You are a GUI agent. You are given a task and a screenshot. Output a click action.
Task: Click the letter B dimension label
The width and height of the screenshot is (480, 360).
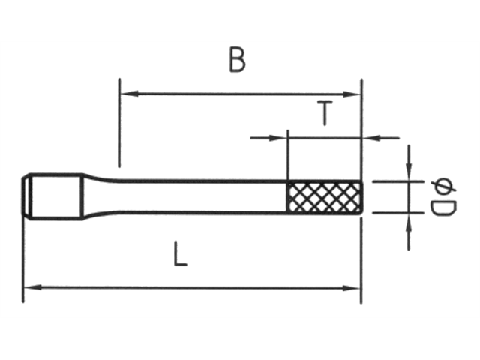pyautogui.click(x=237, y=61)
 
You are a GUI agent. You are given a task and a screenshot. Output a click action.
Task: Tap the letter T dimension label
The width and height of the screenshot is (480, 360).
pyautogui.click(x=324, y=113)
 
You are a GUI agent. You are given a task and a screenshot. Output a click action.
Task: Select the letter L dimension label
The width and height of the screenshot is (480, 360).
pyautogui.click(x=179, y=256)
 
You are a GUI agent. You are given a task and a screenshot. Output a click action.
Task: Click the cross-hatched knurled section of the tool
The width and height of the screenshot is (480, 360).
pyautogui.click(x=325, y=197)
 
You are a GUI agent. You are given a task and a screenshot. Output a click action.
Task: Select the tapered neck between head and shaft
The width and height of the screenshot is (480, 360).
pyautogui.click(x=94, y=196)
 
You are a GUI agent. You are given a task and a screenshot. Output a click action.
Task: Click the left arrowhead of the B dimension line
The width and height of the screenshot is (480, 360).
pyautogui.click(x=126, y=94)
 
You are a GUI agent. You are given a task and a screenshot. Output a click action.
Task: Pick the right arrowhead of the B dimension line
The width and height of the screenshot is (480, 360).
pyautogui.click(x=355, y=94)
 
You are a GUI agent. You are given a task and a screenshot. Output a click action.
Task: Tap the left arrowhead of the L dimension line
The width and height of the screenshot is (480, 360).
pyautogui.click(x=29, y=287)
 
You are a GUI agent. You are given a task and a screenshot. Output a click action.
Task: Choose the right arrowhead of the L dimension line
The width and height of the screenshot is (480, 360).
pyautogui.click(x=355, y=287)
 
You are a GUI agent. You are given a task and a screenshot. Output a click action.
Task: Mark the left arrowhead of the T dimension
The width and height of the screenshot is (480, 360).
pyautogui.click(x=282, y=137)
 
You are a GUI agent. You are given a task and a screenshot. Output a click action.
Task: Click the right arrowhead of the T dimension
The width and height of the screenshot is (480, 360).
pyautogui.click(x=368, y=137)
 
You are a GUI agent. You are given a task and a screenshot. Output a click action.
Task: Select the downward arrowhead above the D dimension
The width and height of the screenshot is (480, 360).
pyautogui.click(x=409, y=175)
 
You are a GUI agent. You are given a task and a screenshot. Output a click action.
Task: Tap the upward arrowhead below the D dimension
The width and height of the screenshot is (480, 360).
pyautogui.click(x=409, y=220)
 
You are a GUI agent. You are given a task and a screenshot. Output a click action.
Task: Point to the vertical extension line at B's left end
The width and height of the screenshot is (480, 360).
pyautogui.click(x=118, y=124)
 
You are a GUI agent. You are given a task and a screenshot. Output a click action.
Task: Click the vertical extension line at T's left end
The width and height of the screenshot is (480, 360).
pyautogui.click(x=288, y=157)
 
